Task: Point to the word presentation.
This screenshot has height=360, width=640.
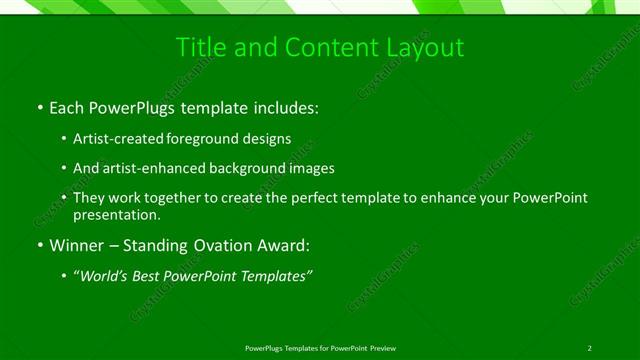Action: coord(114,214)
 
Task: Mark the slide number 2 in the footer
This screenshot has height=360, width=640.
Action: coord(590,347)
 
